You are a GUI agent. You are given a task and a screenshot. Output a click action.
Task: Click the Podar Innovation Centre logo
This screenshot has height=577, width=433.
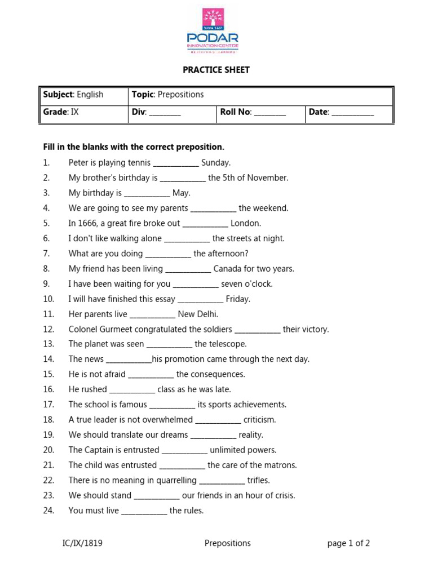(213, 30)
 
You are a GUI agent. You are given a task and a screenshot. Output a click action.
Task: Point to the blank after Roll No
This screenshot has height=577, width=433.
(269, 113)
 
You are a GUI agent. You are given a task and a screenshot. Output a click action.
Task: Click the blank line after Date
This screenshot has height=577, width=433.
(352, 113)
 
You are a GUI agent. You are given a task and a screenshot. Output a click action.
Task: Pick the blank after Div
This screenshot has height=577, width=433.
(165, 113)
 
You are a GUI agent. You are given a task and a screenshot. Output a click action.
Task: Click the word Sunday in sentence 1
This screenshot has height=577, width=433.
(215, 163)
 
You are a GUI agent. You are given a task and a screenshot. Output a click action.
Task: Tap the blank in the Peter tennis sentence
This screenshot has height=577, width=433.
(176, 164)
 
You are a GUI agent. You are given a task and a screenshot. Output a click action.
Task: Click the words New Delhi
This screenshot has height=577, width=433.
(198, 314)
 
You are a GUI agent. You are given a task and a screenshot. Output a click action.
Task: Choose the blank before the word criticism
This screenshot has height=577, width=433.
(218, 421)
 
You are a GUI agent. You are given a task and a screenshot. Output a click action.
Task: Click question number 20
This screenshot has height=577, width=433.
(48, 450)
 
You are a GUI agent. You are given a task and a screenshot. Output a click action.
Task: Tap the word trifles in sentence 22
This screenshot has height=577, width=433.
(259, 481)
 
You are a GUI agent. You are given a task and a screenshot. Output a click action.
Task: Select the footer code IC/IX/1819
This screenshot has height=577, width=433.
(82, 544)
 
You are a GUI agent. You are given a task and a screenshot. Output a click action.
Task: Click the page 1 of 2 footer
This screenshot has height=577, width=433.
(348, 544)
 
